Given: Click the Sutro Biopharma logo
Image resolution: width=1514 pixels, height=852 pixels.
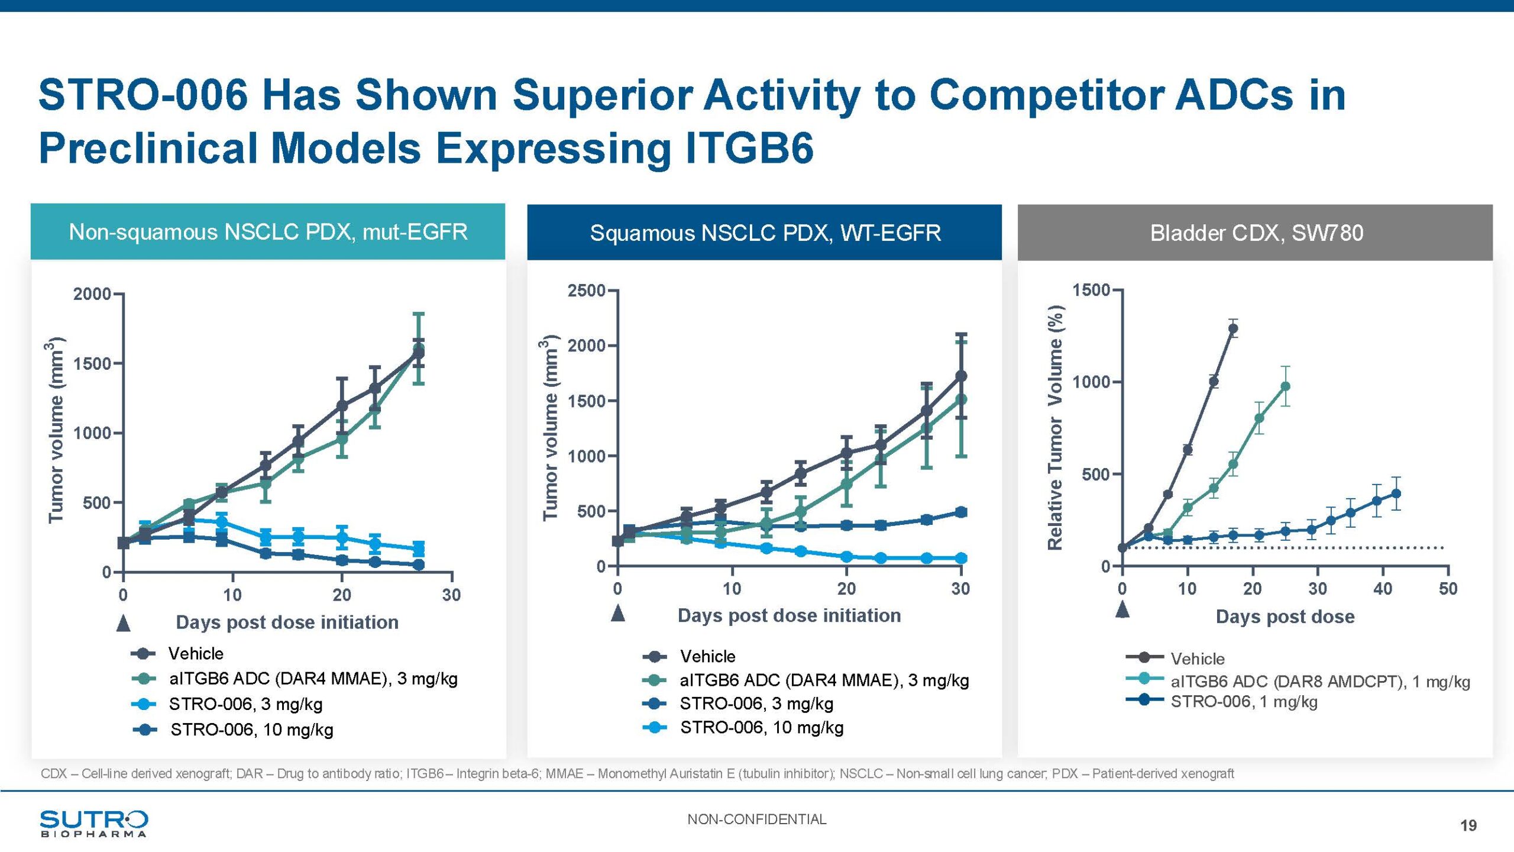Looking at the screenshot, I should click(93, 823).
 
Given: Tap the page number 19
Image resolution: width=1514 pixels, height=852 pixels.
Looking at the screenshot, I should click(1468, 825).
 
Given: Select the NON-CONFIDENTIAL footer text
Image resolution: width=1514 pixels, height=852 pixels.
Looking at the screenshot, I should click(756, 819).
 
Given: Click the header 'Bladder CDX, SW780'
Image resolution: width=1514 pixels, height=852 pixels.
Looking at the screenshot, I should click(1256, 233).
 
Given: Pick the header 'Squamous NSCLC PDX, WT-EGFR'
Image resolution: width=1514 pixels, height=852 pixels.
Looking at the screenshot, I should click(765, 233).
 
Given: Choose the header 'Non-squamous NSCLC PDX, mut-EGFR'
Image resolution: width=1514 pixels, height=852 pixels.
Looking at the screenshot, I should click(268, 231).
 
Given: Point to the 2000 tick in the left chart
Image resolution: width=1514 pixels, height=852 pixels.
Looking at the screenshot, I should click(92, 294).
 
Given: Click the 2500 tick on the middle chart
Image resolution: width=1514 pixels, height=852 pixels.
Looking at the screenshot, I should click(585, 291).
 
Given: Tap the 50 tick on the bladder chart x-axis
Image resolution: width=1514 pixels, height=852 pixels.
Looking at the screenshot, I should click(1448, 589).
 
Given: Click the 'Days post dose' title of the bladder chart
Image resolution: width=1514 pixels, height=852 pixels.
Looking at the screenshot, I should click(1285, 617).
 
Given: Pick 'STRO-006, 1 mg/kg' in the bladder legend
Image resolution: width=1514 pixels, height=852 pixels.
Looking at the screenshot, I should click(1244, 702).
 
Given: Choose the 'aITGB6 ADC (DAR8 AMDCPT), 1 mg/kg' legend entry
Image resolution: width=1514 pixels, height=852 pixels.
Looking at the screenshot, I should click(1319, 682).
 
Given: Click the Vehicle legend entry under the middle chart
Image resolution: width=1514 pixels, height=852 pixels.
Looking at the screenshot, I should click(707, 656).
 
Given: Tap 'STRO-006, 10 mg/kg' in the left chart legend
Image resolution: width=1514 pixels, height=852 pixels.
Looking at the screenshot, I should click(251, 730).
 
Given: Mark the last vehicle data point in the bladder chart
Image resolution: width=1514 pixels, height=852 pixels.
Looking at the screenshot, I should click(1233, 328).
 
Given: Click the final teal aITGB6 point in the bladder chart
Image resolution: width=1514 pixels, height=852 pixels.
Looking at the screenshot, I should click(1285, 386).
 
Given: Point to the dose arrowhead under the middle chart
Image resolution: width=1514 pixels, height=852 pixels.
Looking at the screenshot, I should click(618, 613).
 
